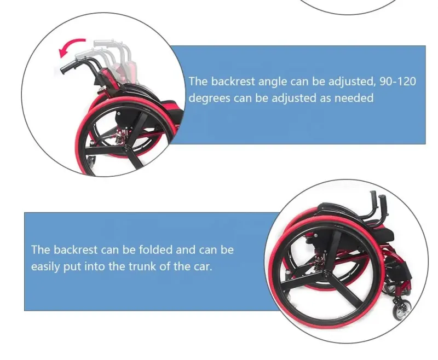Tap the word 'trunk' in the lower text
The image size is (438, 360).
coord(142,266)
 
